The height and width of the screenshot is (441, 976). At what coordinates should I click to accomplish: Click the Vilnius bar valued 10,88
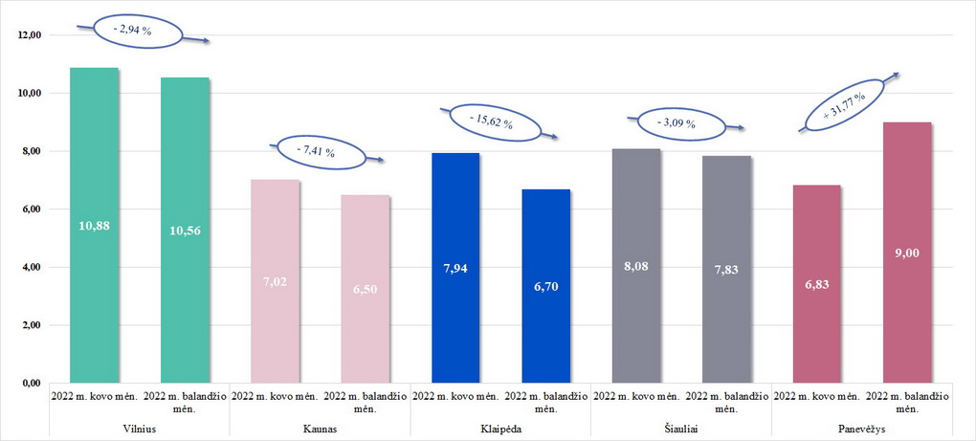coord(95,226)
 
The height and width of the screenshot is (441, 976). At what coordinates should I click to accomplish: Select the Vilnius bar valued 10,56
coord(185,231)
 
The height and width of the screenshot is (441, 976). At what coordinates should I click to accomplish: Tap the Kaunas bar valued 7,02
coord(275,281)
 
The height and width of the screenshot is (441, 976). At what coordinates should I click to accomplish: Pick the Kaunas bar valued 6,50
coord(365,289)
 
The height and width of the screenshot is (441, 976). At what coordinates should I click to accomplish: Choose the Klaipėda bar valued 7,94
coord(455,268)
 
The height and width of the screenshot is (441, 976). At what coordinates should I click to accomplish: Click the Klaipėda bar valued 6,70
coord(545,286)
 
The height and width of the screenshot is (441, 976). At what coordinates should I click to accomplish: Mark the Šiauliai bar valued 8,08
coord(635,266)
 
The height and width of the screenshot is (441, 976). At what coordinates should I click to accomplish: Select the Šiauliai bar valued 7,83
coord(725,270)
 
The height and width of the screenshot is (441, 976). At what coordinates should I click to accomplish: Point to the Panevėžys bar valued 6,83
coord(815,284)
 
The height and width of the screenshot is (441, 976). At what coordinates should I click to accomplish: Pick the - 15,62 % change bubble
coord(493,121)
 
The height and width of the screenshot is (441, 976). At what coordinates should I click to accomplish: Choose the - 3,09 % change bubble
coord(676,123)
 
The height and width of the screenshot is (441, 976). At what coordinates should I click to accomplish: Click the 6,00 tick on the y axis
coord(33,209)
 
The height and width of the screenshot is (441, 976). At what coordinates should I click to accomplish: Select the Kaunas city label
coord(320,428)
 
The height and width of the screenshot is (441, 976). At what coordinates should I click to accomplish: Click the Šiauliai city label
coord(680,428)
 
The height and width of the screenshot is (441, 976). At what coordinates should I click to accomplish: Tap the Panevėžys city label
coord(860,428)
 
